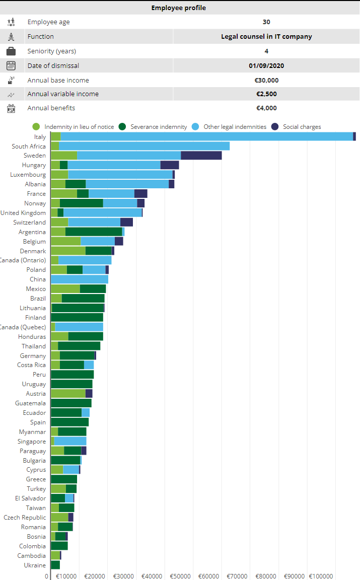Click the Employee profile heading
click(179, 8)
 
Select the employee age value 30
click(266, 22)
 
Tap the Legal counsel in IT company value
click(266, 36)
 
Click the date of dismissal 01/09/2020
click(266, 65)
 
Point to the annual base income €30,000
click(266, 80)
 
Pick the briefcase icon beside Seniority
click(11, 51)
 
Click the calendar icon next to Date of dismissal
click(11, 65)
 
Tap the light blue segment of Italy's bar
click(206, 136)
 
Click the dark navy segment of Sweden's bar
click(201, 156)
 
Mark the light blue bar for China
click(80, 279)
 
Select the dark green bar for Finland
click(77, 317)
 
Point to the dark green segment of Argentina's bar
click(94, 232)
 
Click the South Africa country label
click(29, 147)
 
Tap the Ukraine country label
click(35, 565)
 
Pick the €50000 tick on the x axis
click(180, 576)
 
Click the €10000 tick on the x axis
click(66, 576)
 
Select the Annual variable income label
click(63, 94)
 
